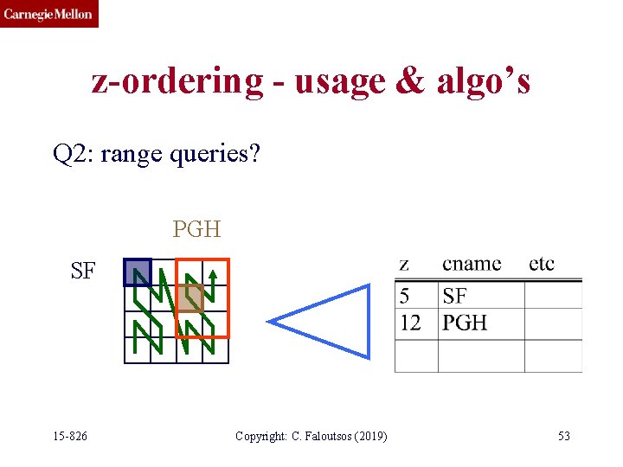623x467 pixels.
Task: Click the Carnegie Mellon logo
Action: [x=48, y=14]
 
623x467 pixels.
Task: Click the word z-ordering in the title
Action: [x=177, y=81]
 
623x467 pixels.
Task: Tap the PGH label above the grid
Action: [x=196, y=229]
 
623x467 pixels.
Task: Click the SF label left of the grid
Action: [x=83, y=272]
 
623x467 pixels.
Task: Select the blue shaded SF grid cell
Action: [x=137, y=272]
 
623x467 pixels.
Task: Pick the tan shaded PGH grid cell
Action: [x=190, y=297]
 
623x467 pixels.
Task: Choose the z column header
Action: [x=404, y=264]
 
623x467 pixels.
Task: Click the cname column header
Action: [x=472, y=264]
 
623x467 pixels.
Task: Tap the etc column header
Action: [x=542, y=264]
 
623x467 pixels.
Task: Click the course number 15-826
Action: [x=70, y=436]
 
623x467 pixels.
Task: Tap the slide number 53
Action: [x=563, y=436]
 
